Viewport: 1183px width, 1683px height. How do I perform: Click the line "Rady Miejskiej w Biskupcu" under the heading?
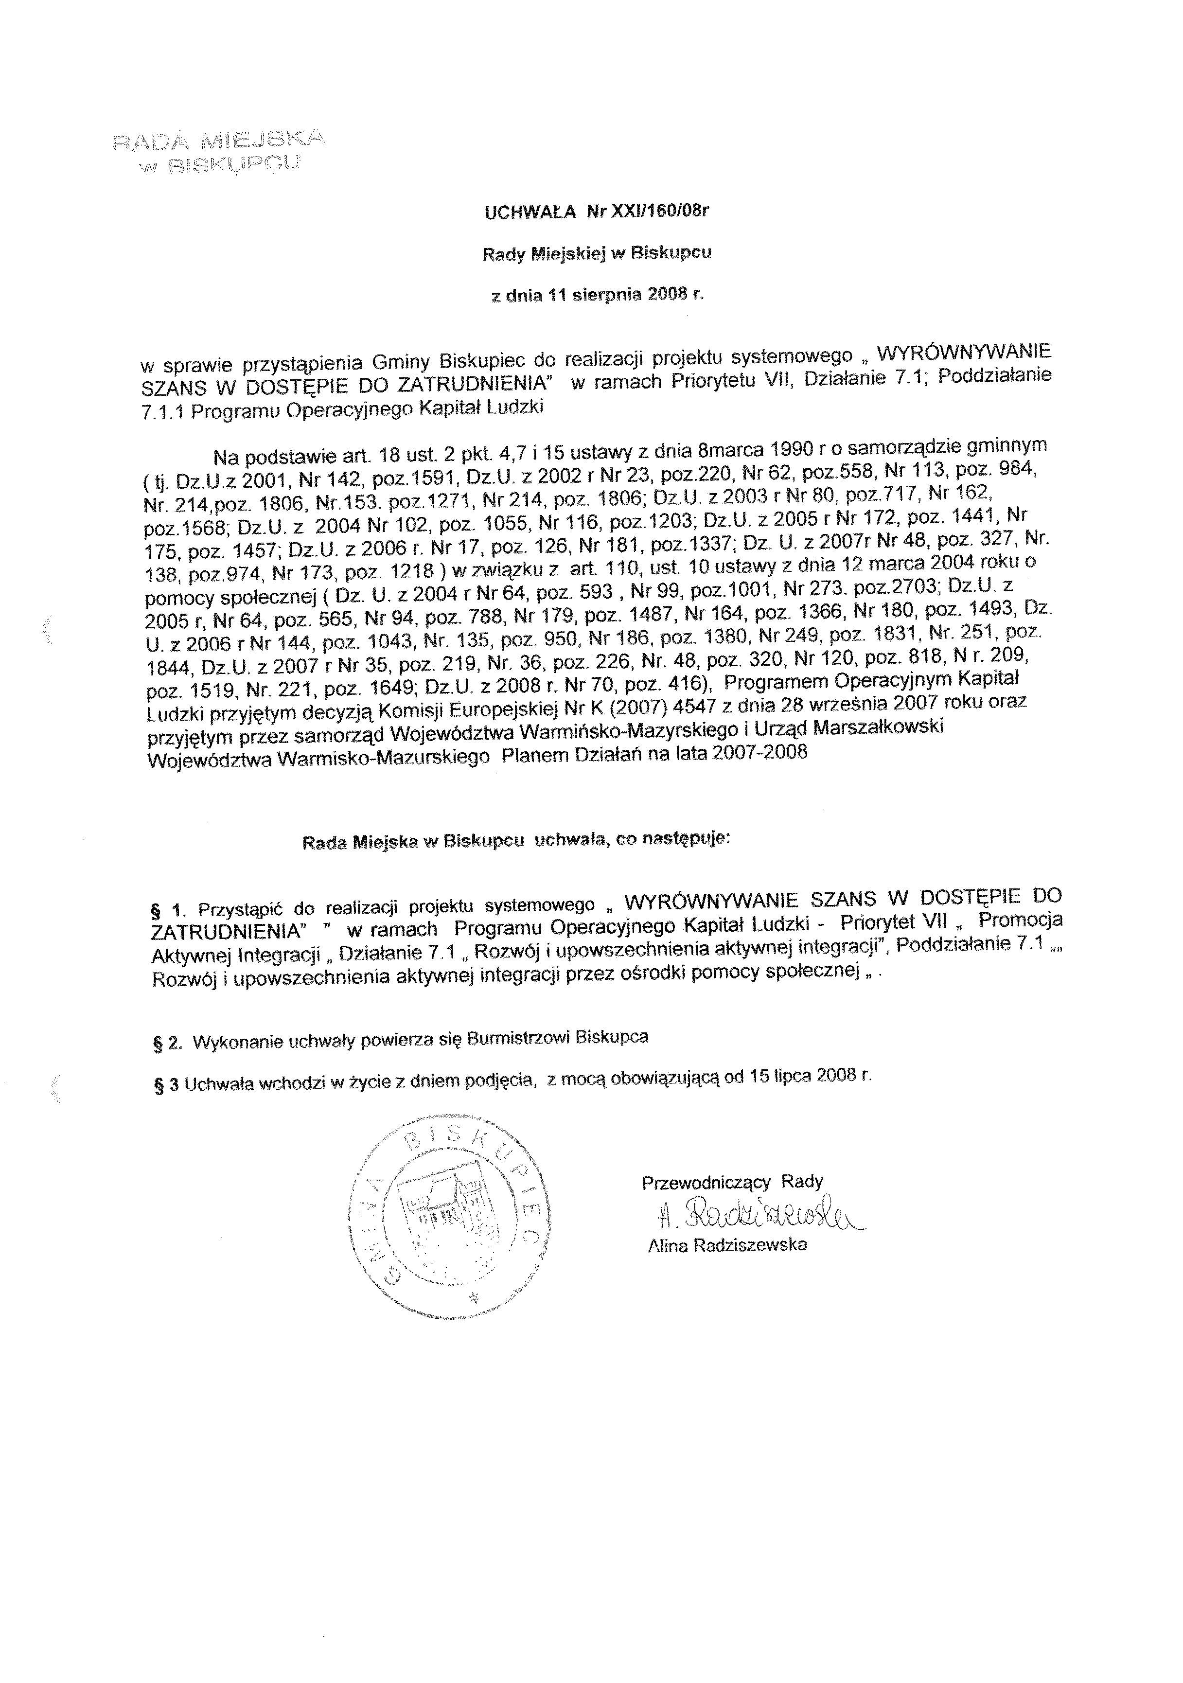pyautogui.click(x=596, y=254)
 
